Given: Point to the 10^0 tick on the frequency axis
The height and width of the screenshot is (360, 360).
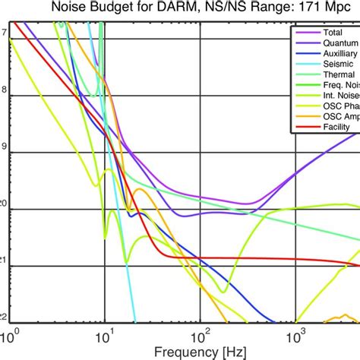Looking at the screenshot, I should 11,334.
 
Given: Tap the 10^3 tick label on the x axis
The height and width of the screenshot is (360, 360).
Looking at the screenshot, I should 295,334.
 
